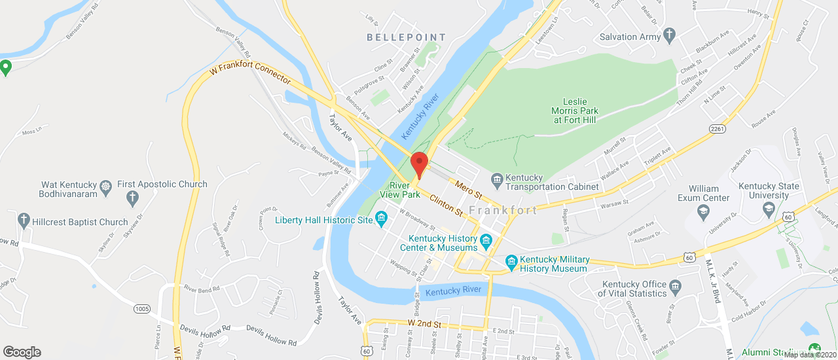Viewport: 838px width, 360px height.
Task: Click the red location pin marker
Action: [419, 164]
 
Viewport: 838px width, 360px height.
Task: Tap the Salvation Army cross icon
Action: [668, 36]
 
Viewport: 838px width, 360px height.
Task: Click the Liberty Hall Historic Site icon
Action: [381, 220]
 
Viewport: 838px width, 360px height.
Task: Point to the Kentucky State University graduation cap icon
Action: [769, 209]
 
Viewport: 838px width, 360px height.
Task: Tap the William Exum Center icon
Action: [703, 211]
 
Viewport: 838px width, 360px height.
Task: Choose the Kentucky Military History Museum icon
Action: [512, 264]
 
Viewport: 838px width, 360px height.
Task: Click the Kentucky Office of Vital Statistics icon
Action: [676, 285]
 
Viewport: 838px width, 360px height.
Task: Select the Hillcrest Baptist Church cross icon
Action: [24, 220]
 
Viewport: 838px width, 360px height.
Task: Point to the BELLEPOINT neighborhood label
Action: [406, 38]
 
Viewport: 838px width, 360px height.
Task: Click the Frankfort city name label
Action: [503, 210]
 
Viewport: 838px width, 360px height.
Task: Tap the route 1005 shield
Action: [142, 308]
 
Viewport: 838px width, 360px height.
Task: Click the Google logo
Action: [22, 351]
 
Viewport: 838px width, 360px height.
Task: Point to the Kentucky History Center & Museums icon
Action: [486, 243]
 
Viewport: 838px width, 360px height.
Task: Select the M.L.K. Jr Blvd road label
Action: [713, 287]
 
